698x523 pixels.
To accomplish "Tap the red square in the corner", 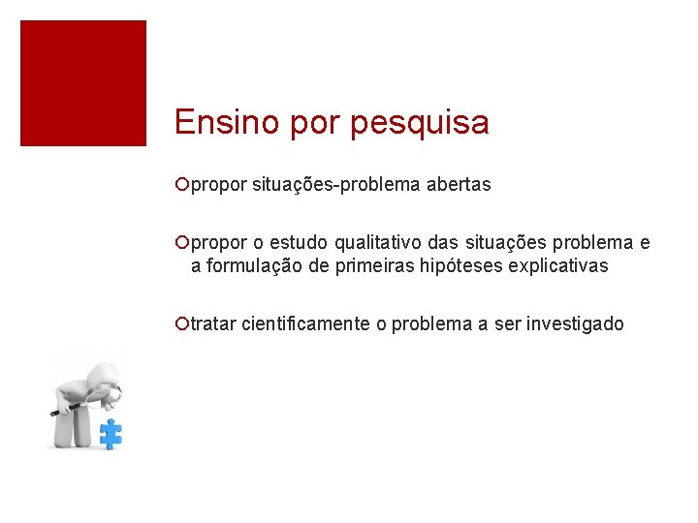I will [83, 83].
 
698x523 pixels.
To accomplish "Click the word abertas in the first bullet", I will [459, 184].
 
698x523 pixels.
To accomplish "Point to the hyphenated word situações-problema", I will [336, 184].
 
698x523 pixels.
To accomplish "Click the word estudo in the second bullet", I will [300, 242].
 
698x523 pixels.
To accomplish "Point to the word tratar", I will [213, 324].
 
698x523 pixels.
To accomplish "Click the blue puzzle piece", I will [111, 433].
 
